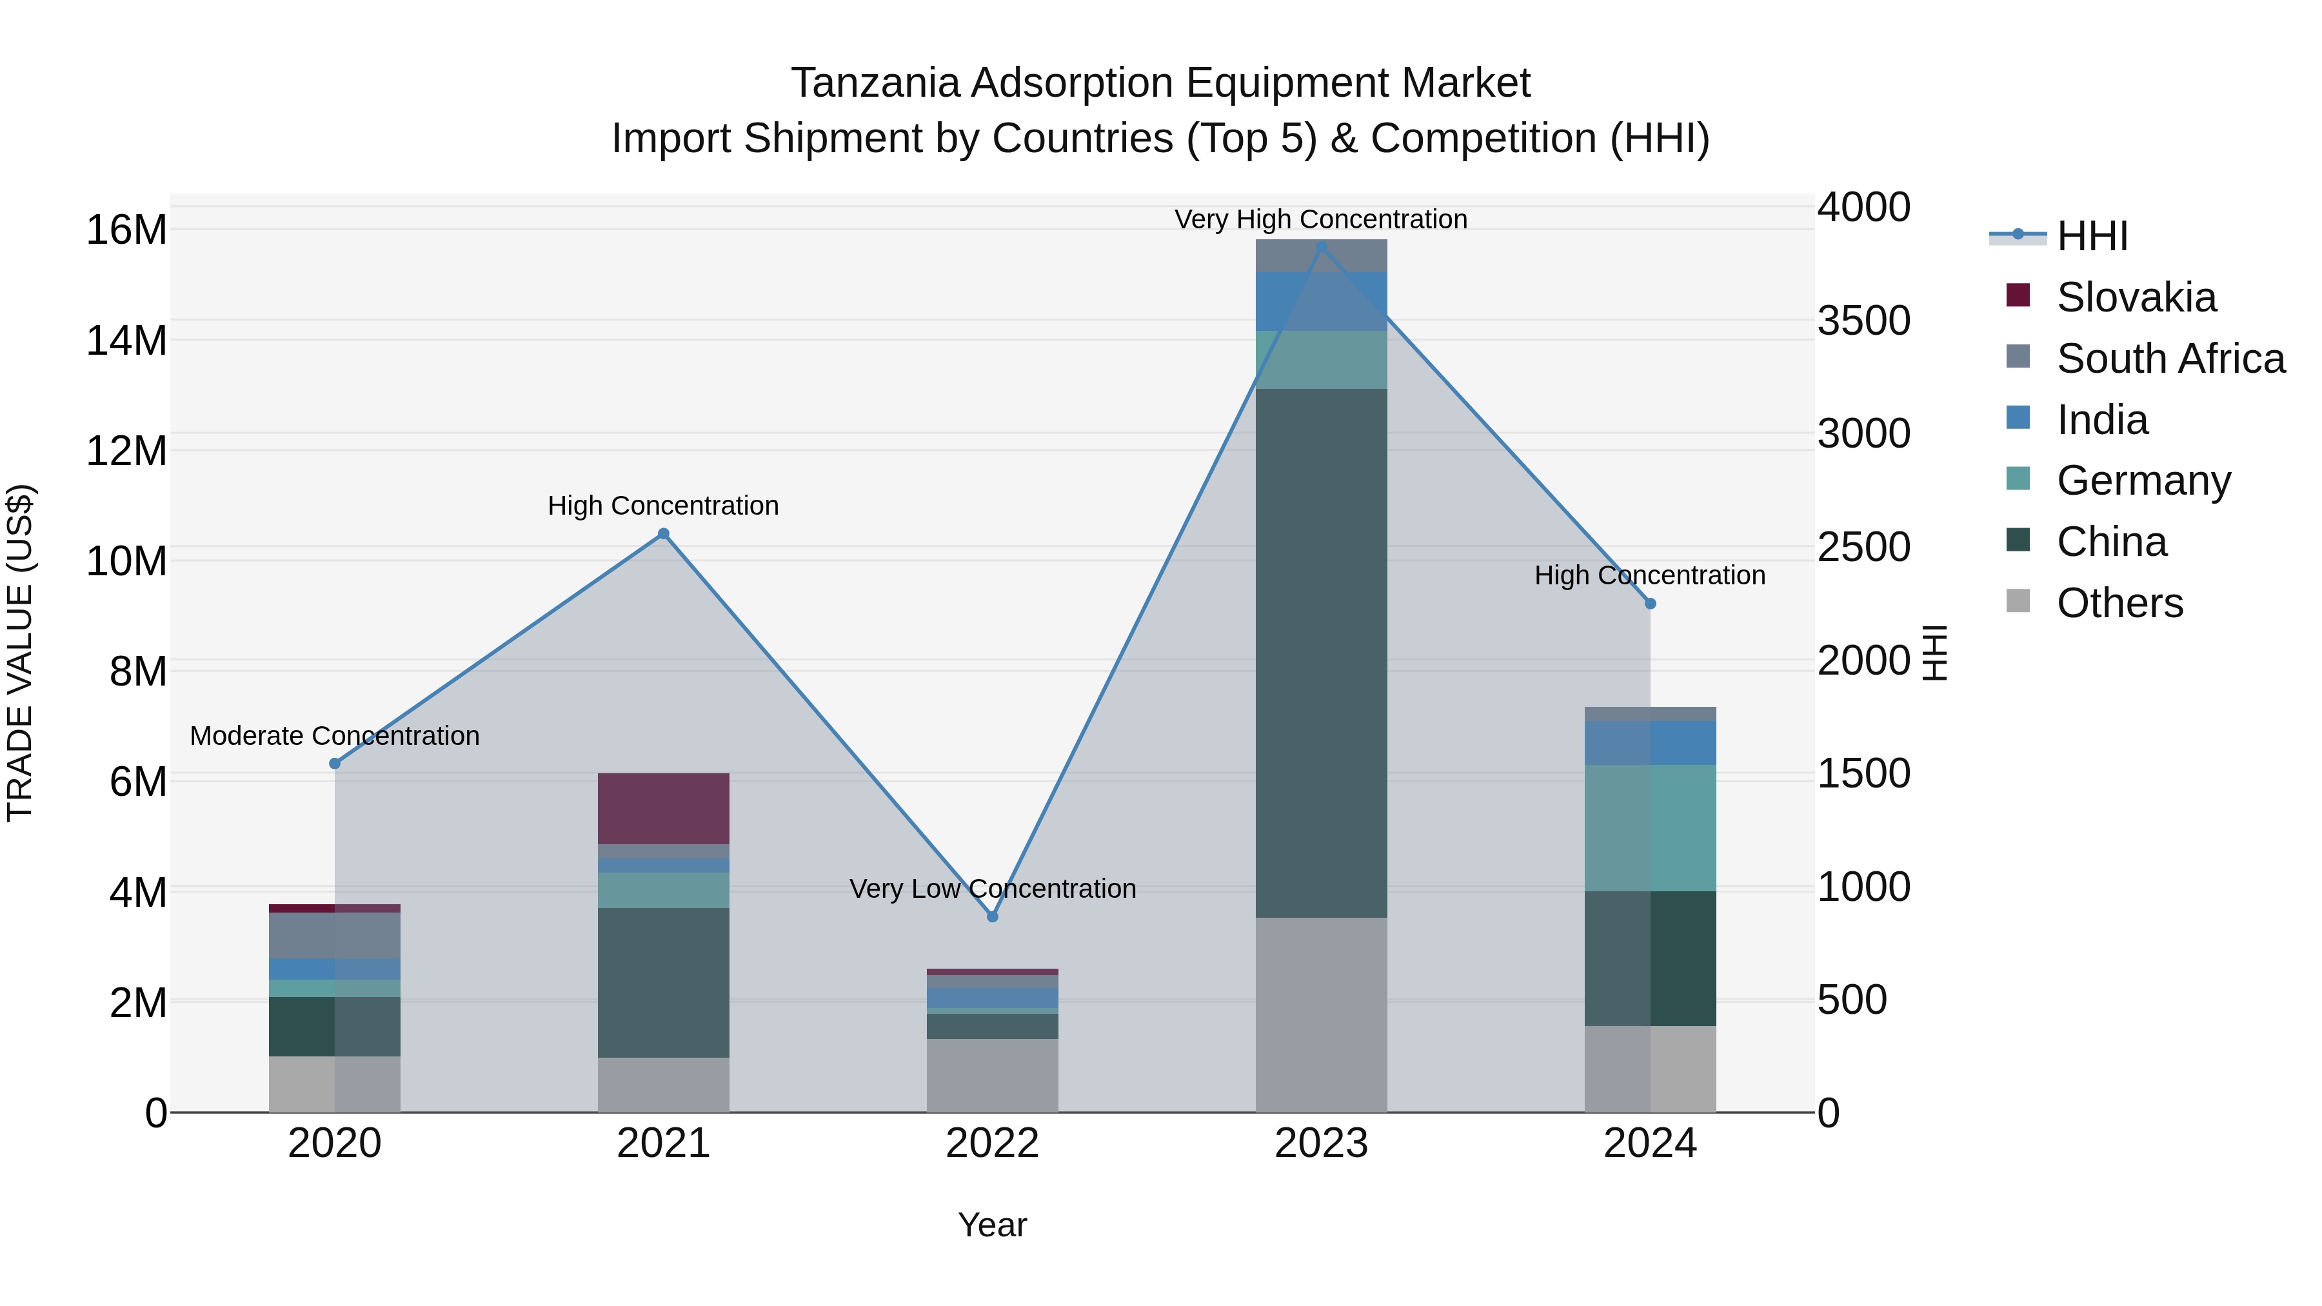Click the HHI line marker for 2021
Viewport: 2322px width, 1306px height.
tap(664, 533)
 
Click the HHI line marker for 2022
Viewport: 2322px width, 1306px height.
tap(993, 916)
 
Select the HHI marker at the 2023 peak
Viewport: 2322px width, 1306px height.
tap(1322, 246)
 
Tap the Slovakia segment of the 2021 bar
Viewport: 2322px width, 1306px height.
tap(664, 809)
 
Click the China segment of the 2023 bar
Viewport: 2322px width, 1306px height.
tap(1322, 653)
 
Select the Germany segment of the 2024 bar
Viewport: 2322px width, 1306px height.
tap(1651, 827)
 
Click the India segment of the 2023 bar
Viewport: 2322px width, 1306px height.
tap(1322, 301)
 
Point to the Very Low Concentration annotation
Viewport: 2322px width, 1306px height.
tap(993, 889)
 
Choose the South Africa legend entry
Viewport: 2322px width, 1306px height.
tap(2170, 359)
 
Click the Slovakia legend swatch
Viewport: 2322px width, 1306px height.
tap(2018, 295)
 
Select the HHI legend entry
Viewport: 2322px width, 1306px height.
tap(2091, 236)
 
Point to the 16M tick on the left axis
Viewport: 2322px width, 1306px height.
tap(126, 230)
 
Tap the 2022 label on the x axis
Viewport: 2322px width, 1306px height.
tap(993, 1143)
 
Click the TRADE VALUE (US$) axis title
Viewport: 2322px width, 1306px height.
tap(20, 653)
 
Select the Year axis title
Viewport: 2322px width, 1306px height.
tap(993, 1225)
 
